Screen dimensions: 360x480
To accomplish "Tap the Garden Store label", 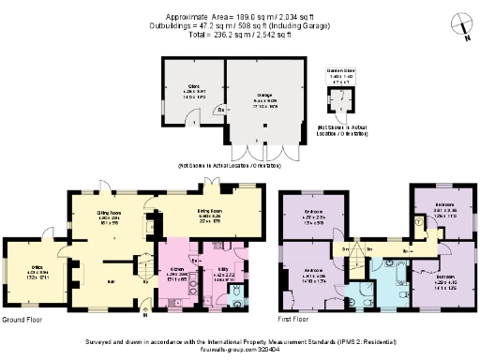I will click(x=337, y=72).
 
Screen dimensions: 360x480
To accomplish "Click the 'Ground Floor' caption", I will click(x=24, y=320).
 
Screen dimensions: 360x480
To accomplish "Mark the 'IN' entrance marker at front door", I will click(x=143, y=316).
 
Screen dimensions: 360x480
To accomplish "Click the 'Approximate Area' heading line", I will click(x=240, y=18).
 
